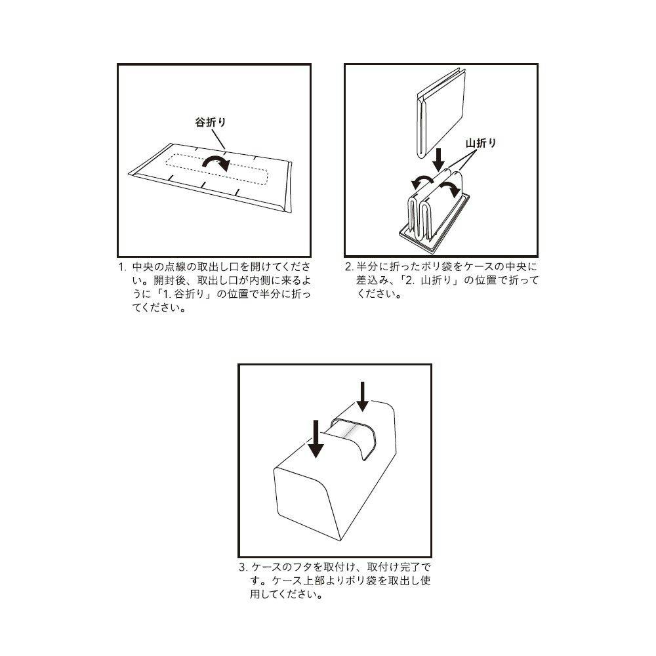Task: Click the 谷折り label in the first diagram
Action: click(x=211, y=122)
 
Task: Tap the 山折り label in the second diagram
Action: click(x=481, y=143)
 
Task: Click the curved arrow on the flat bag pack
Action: click(x=216, y=162)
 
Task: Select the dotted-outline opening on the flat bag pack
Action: click(x=216, y=169)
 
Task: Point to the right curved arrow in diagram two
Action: click(x=450, y=189)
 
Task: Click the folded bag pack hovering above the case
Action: click(x=441, y=113)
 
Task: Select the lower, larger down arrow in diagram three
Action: click(x=316, y=440)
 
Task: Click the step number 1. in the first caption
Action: click(x=122, y=267)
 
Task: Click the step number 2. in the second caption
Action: click(x=350, y=267)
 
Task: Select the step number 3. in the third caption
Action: click(x=243, y=567)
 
